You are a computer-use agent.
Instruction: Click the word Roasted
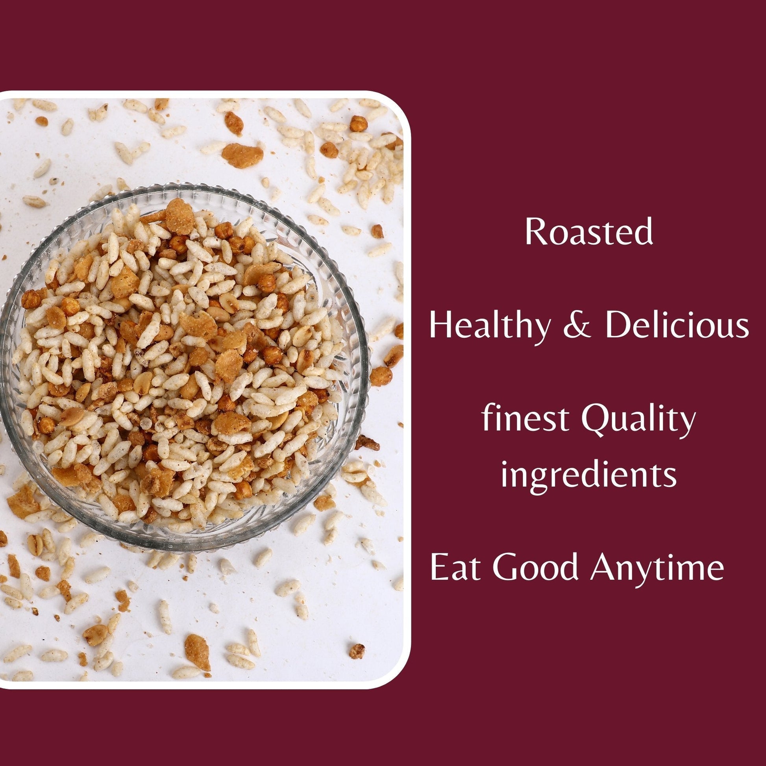click(x=589, y=232)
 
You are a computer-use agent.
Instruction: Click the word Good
click(x=536, y=568)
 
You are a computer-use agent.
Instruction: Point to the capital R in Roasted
click(x=536, y=232)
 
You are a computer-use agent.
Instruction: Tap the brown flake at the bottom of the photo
click(x=198, y=652)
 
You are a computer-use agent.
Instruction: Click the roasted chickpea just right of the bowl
click(x=381, y=376)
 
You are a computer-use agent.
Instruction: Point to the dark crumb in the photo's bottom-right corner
click(x=357, y=651)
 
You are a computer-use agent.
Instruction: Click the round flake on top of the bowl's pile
click(x=179, y=216)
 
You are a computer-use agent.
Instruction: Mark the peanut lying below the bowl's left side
click(x=35, y=545)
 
